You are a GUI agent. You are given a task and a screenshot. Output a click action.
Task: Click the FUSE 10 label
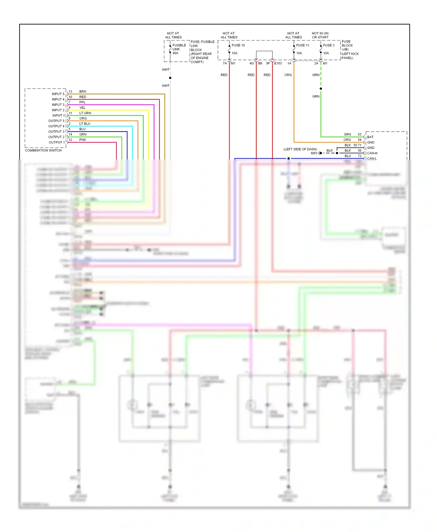pyautogui.click(x=238, y=45)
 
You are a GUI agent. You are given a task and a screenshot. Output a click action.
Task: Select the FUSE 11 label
pyautogui.click(x=302, y=45)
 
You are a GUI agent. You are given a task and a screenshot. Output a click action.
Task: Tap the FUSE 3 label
pyautogui.click(x=329, y=45)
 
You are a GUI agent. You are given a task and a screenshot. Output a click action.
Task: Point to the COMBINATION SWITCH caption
pyautogui.click(x=43, y=150)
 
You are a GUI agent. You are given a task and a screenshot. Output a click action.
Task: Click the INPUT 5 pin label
pyautogui.click(x=58, y=94)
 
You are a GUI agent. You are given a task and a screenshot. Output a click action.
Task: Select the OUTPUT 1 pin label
pyautogui.click(x=57, y=142)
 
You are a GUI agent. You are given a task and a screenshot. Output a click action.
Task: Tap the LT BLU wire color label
pyautogui.click(x=85, y=123)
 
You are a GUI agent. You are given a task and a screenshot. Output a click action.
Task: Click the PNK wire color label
pyautogui.click(x=83, y=140)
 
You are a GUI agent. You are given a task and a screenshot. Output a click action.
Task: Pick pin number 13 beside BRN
pyautogui.click(x=70, y=91)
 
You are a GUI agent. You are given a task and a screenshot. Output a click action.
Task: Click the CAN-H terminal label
pyautogui.click(x=372, y=153)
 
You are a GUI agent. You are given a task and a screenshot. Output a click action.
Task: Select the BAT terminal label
pyautogui.click(x=370, y=137)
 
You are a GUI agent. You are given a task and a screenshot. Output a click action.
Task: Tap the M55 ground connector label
pyautogui.click(x=314, y=153)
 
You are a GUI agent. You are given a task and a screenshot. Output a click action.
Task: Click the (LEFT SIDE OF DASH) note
pyautogui.click(x=300, y=149)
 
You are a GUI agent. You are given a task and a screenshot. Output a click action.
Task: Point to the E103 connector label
pyautogui.click(x=278, y=63)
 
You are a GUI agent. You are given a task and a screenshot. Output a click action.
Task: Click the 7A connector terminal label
pyautogui.click(x=225, y=63)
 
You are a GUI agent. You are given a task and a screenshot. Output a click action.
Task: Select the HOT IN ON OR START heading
pyautogui.click(x=320, y=35)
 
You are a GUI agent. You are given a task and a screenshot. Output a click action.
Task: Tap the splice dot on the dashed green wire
pyautogui.click(x=321, y=88)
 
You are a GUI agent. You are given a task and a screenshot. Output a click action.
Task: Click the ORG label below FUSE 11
pyautogui.click(x=288, y=75)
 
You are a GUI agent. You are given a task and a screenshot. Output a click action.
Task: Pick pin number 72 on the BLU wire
pyautogui.click(x=360, y=156)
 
